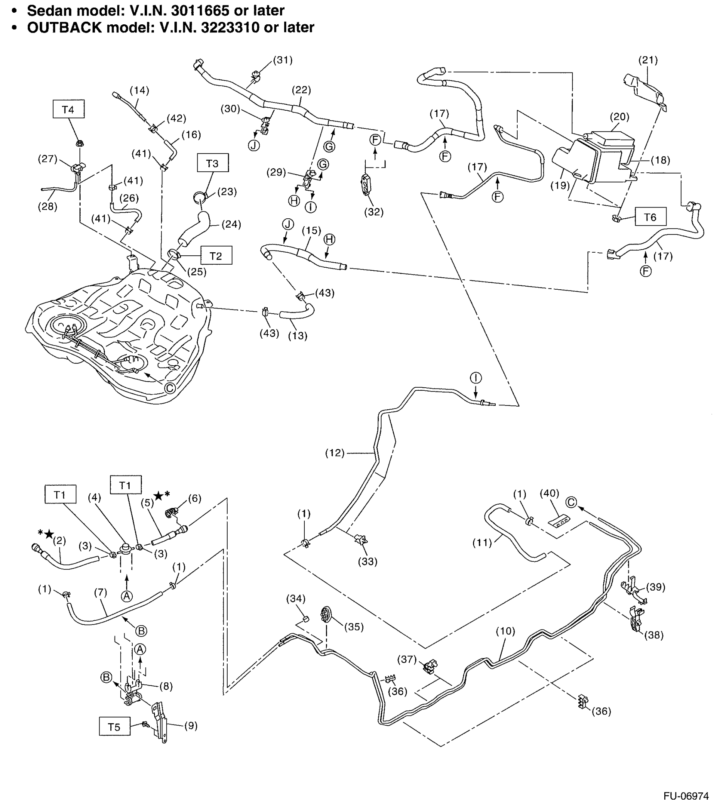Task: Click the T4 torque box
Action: pos(68,109)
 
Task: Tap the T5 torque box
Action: pos(114,727)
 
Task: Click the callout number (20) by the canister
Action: pos(620,117)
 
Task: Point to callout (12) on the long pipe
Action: pos(334,452)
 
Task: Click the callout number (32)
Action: pos(373,212)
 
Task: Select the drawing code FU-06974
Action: pos(686,796)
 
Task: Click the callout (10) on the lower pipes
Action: pos(505,631)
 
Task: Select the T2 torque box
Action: pos(216,256)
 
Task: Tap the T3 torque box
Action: pos(213,163)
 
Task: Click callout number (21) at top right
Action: pos(648,60)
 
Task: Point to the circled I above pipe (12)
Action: pos(476,377)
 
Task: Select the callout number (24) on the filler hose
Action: pos(231,224)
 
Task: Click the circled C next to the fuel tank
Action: pos(170,388)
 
